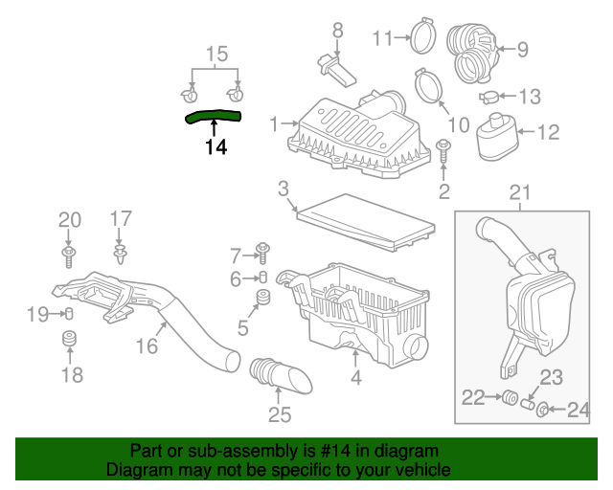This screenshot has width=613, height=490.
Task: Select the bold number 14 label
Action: pyautogui.click(x=216, y=147)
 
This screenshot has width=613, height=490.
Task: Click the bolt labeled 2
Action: pyautogui.click(x=444, y=150)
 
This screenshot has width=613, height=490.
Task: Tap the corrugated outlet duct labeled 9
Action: pyautogui.click(x=474, y=53)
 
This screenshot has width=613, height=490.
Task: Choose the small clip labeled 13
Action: pyautogui.click(x=488, y=97)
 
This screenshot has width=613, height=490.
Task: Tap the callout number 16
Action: pyautogui.click(x=147, y=346)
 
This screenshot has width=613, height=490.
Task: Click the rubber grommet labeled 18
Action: pyautogui.click(x=70, y=342)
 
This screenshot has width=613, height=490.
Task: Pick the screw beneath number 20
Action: pyautogui.click(x=70, y=254)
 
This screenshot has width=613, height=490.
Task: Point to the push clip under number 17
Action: pyautogui.click(x=121, y=256)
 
